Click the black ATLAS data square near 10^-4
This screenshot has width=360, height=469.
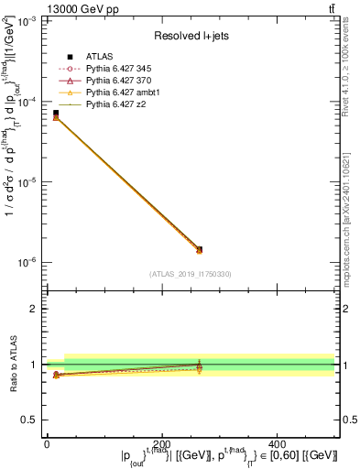click(x=56, y=113)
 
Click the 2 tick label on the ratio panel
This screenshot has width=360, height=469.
click(x=33, y=310)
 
